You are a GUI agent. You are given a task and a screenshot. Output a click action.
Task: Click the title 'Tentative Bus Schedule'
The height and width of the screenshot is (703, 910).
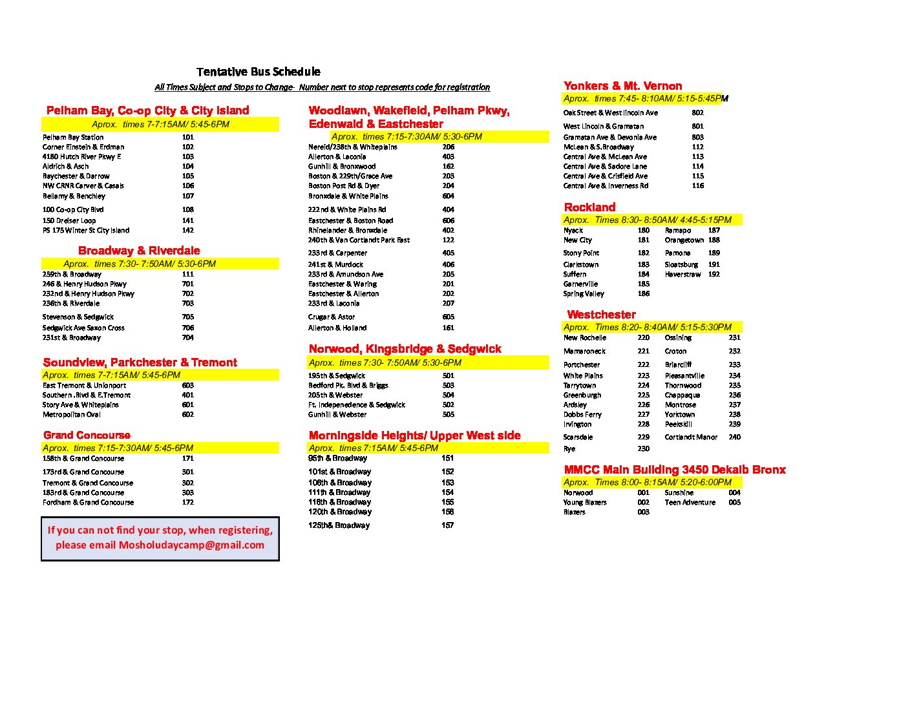tap(258, 72)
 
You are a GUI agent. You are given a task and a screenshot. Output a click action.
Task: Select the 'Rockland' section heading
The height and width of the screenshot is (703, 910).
tap(589, 207)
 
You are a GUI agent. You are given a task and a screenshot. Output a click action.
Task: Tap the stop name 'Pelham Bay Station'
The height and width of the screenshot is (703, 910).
tap(73, 138)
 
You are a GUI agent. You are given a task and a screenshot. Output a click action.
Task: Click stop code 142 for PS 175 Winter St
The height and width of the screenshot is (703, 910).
tap(187, 231)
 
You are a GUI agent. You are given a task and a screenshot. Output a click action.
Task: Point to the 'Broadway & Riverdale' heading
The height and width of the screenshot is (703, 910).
tap(139, 251)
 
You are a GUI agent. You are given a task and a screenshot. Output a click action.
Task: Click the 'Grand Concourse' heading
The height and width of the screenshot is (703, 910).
tap(87, 435)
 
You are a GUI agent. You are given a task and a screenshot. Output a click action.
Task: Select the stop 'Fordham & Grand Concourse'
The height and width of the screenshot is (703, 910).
tap(89, 503)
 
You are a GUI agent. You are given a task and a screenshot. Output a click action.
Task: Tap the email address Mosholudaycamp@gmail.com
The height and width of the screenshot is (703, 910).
tap(191, 545)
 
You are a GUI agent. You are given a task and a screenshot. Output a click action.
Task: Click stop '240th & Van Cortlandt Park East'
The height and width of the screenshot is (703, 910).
tap(359, 240)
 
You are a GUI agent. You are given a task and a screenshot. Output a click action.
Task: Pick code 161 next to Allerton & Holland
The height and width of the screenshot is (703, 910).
tap(448, 328)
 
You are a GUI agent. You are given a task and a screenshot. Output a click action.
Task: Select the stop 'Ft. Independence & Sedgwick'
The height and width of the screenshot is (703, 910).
tap(357, 405)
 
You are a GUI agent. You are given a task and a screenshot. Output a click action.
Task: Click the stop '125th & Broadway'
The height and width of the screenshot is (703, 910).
tap(339, 526)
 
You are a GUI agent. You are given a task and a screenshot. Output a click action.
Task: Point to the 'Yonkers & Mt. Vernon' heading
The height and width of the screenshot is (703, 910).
tap(622, 86)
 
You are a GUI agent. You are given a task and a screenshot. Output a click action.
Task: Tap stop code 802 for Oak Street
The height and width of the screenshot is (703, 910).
tap(697, 113)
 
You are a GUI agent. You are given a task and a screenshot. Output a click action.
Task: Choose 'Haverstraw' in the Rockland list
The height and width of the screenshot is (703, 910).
tap(682, 275)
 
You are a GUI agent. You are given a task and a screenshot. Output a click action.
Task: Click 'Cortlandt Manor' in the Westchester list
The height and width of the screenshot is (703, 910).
tap(691, 437)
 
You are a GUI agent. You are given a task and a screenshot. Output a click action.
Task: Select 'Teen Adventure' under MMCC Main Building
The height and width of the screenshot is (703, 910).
tap(690, 503)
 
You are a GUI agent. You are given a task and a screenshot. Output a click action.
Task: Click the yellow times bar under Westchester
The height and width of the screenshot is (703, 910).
tap(651, 328)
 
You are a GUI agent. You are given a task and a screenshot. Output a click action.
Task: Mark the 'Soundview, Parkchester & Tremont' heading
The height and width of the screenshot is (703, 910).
tap(140, 362)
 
